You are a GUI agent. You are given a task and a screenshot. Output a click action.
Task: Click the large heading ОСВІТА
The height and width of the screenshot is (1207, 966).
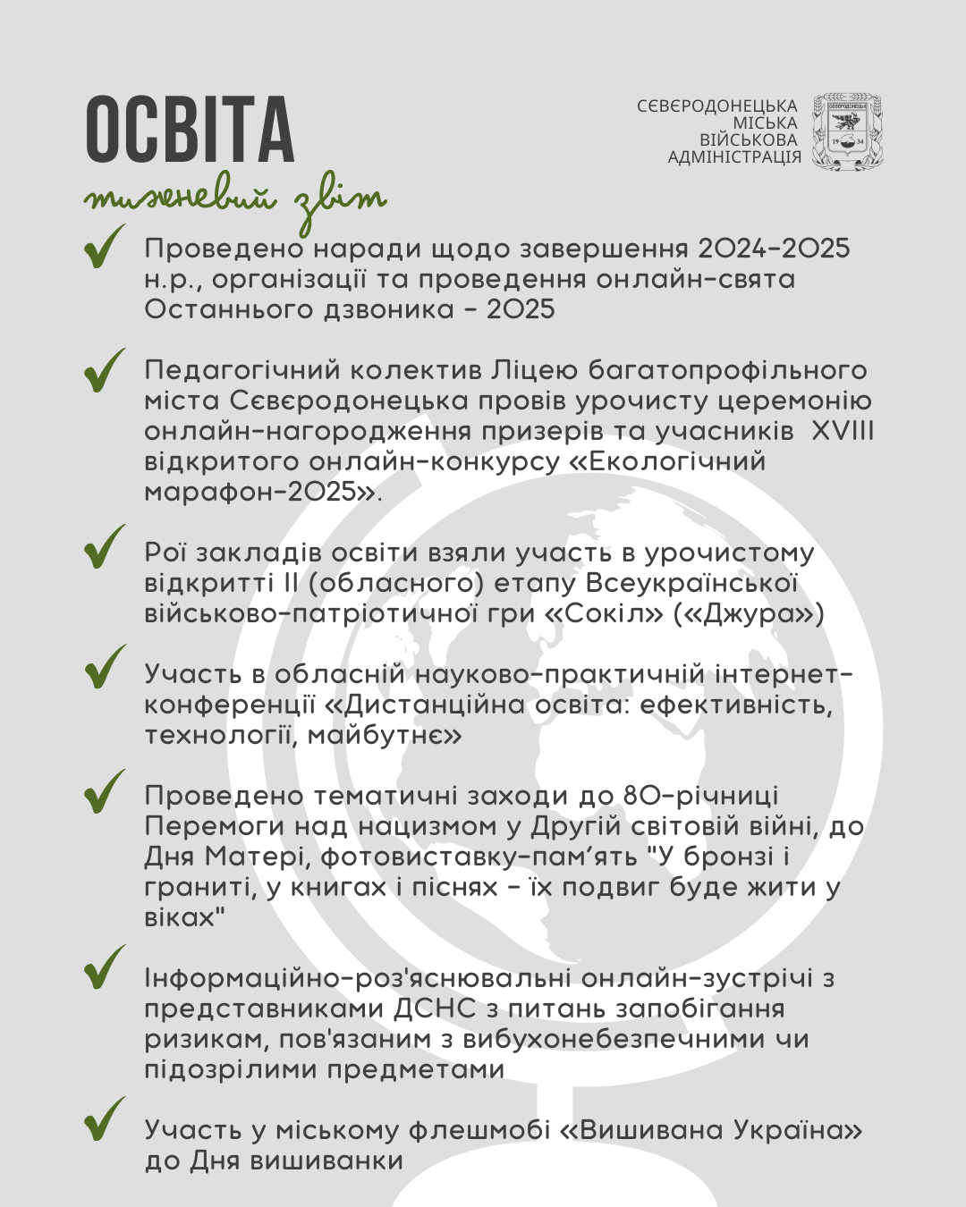(x=190, y=130)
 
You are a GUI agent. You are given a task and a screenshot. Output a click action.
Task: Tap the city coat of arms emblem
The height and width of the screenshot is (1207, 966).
(x=846, y=131)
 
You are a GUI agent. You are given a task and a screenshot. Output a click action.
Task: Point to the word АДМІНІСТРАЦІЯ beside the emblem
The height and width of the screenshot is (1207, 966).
(x=734, y=157)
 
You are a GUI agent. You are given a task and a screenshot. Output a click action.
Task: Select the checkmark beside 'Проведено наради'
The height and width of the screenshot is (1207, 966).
(x=104, y=248)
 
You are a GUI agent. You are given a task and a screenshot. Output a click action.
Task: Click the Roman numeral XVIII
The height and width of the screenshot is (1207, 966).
(x=842, y=431)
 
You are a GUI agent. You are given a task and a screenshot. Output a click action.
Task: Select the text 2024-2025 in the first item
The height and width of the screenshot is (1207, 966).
(x=774, y=249)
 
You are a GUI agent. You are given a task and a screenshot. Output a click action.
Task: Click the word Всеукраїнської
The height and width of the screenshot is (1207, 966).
(x=691, y=584)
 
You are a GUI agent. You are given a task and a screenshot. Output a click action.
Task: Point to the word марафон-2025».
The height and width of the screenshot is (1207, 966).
(x=263, y=492)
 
